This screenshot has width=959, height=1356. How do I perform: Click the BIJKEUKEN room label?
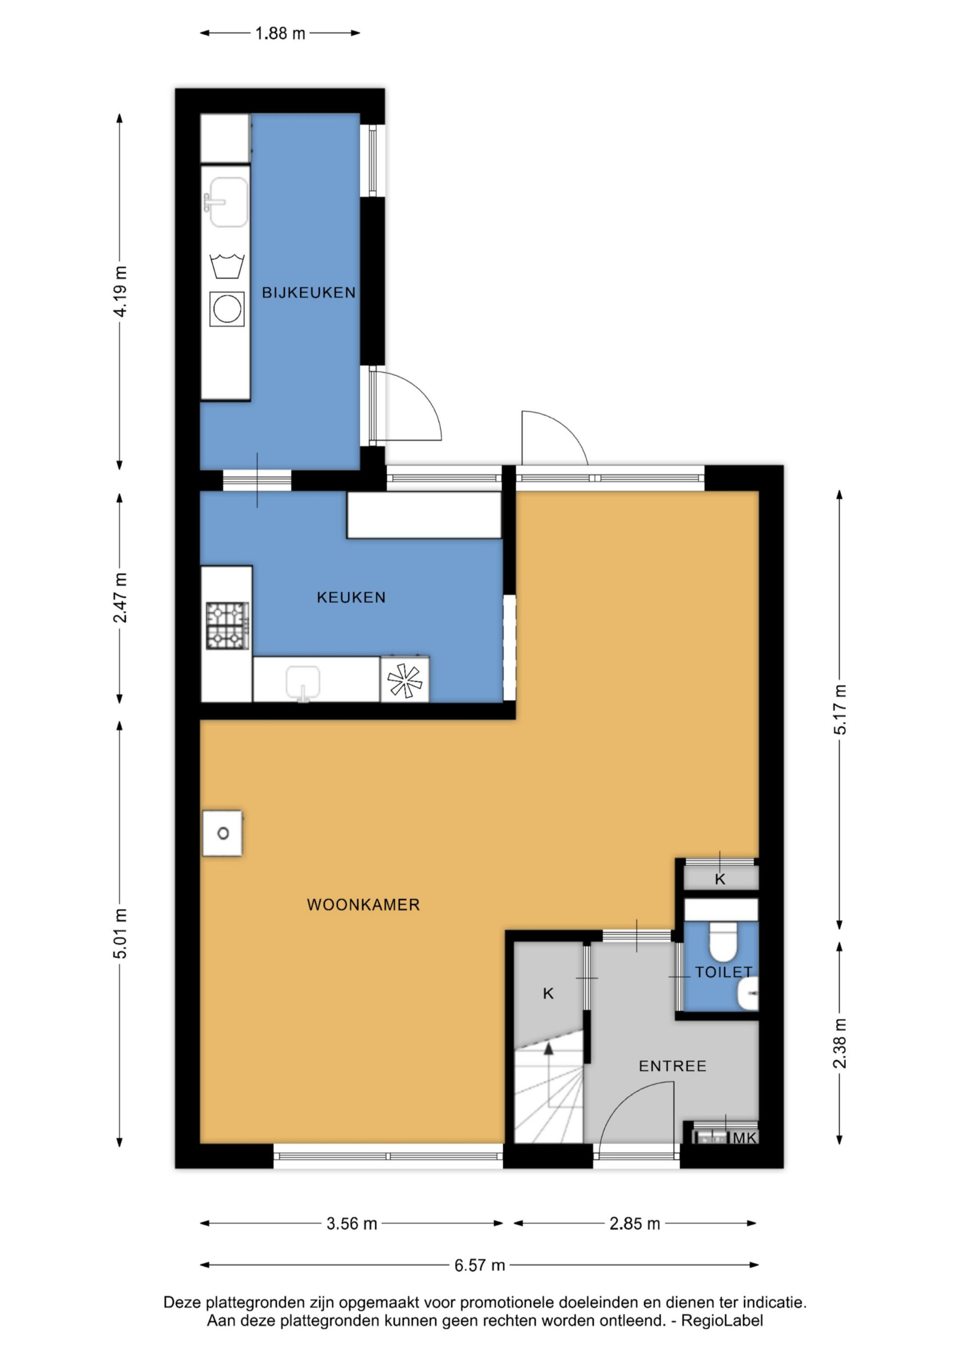click(309, 292)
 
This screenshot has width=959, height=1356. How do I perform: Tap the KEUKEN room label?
click(351, 597)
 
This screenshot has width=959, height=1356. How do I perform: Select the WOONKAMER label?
click(363, 905)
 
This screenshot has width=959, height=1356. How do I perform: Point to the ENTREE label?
click(673, 1066)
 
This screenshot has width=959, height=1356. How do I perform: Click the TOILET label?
click(723, 972)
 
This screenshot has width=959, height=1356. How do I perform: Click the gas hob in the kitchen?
click(227, 625)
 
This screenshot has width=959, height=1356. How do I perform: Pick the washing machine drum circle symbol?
click(227, 309)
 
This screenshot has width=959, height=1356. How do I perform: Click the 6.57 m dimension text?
click(480, 1265)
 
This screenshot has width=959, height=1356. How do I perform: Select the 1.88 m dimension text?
click(280, 33)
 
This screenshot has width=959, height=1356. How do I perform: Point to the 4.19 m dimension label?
click(120, 291)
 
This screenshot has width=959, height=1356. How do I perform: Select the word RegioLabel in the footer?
click(722, 1320)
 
